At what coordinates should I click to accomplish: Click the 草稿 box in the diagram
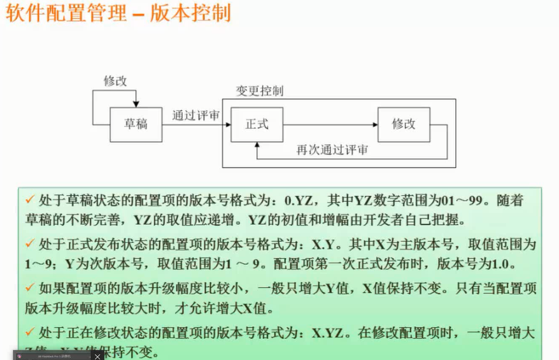(x=136, y=124)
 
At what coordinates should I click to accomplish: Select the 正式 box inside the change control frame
(x=257, y=124)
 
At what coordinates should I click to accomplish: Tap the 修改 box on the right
(x=404, y=124)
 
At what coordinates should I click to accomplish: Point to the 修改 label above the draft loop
(x=115, y=81)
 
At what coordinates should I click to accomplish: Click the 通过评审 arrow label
(x=195, y=116)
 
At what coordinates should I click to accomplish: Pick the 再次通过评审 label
(x=332, y=151)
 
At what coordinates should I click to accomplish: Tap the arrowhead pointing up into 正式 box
(x=257, y=145)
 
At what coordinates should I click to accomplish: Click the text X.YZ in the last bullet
(x=326, y=332)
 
